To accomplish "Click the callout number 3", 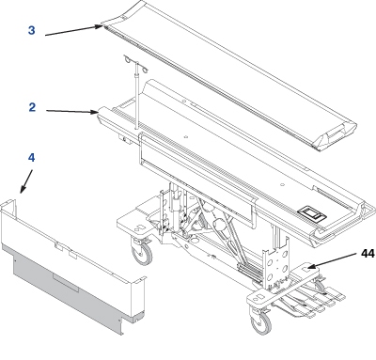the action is (32, 30).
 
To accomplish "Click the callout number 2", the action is (32, 107).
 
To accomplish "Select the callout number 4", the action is (31, 158).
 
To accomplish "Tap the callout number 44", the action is (368, 254).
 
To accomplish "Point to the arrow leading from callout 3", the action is (74, 31).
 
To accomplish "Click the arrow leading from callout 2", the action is (72, 111).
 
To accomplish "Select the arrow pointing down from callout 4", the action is (26, 181).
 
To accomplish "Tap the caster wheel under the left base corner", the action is (142, 251).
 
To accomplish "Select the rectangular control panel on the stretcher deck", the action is (312, 214).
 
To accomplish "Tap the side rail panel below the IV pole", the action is (197, 180).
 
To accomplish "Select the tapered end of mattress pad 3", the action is (335, 137).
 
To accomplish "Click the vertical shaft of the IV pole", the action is (136, 96).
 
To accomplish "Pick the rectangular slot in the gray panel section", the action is (66, 284).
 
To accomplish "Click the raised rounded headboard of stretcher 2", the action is (163, 91).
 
